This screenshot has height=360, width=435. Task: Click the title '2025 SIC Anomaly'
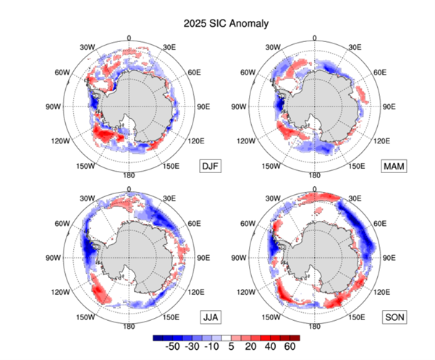pyautogui.click(x=217, y=23)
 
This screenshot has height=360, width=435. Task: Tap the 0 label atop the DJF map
pyautogui.click(x=129, y=38)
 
